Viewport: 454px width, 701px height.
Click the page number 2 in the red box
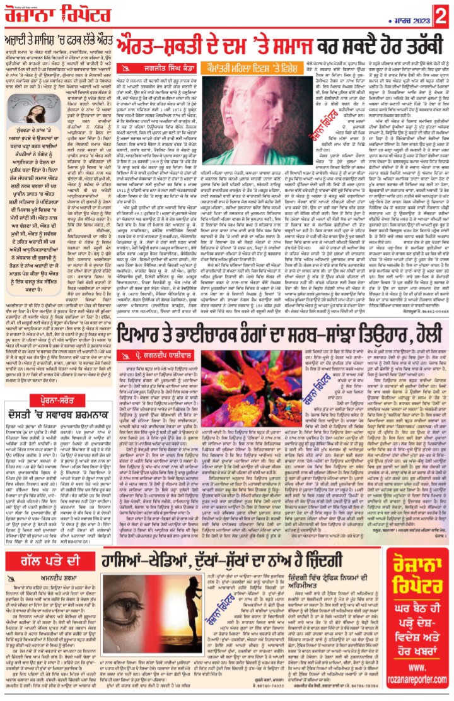[444, 11]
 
